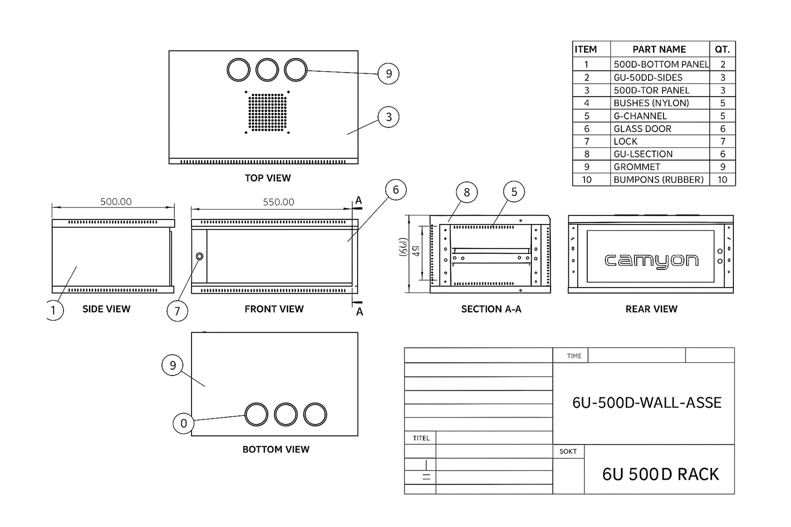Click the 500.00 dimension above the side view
pos(116,202)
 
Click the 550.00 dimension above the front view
pos(278,202)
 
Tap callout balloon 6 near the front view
pos(395,190)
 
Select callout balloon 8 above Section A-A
pos(466,192)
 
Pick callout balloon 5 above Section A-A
pos(514,192)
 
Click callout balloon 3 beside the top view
pos(388,117)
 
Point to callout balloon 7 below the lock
pos(177,311)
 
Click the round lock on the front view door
pos(199,257)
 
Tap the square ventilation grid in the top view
pos(267,112)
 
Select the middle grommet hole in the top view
pos(267,70)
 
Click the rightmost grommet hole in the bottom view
pos(315,414)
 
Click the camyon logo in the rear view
pos(651,261)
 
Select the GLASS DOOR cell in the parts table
pos(642,129)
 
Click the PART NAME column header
pos(659,49)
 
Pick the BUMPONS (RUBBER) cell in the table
pos(658,180)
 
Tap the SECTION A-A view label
pos(491,309)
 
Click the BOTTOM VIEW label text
pos(276,449)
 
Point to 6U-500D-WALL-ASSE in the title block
pos(646,403)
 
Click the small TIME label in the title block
pos(574,356)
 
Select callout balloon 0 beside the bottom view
pos(183,423)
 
